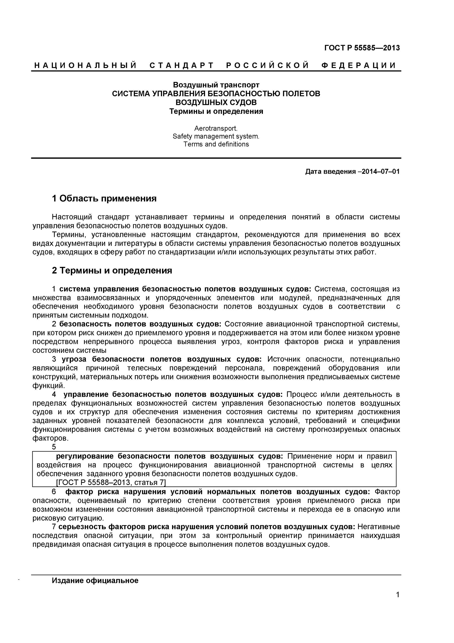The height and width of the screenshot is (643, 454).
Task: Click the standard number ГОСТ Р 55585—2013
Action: [x=362, y=48]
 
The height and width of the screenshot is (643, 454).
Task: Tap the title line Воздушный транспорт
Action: [x=216, y=85]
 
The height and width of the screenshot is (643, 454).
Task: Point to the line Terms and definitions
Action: [x=216, y=144]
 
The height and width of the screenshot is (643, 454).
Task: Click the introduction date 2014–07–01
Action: [x=380, y=171]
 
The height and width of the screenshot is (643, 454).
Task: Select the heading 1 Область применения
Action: [x=104, y=198]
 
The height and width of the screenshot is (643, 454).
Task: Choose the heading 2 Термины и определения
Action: [x=112, y=270]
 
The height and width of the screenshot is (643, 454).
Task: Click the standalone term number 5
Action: [x=54, y=447]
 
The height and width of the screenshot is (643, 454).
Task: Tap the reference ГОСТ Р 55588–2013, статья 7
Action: [x=111, y=482]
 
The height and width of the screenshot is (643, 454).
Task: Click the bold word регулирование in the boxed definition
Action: [x=85, y=456]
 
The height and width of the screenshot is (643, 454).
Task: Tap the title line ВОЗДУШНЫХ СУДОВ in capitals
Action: [x=216, y=102]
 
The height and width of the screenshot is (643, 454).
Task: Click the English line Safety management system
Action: [x=216, y=136]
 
